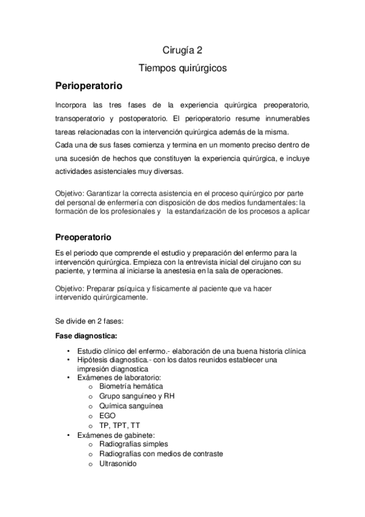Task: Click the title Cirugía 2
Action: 182,51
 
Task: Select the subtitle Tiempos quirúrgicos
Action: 182,68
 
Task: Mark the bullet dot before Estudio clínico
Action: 68,351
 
